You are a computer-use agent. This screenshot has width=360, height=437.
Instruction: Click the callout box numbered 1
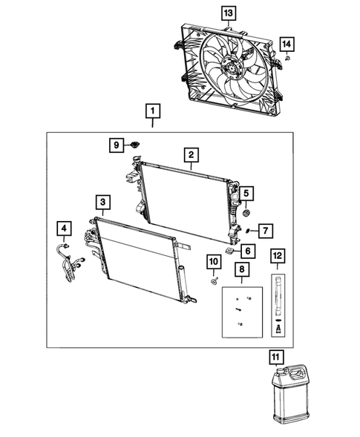click(x=152, y=113)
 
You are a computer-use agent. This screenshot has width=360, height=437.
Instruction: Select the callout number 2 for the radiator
click(x=191, y=155)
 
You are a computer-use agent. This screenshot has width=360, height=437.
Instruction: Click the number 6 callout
click(x=246, y=250)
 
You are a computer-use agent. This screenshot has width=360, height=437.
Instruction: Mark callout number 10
click(x=212, y=261)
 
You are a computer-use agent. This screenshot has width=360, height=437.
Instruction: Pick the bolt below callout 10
click(x=212, y=280)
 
